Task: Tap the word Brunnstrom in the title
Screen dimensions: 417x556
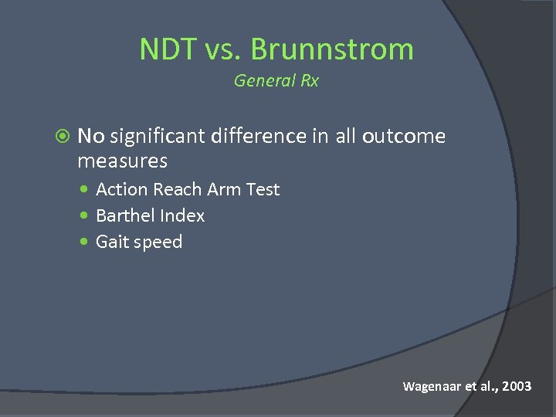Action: click(x=332, y=49)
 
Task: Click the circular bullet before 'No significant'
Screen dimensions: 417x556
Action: click(x=64, y=137)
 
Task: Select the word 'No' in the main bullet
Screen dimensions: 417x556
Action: click(x=90, y=137)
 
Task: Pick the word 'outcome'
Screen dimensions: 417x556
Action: click(x=404, y=137)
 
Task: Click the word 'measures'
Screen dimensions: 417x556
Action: click(x=122, y=161)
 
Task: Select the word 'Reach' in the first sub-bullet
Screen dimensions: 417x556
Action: click(x=178, y=189)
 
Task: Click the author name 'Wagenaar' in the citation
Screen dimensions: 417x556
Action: click(x=431, y=386)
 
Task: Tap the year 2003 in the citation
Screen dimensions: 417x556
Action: click(x=516, y=386)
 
